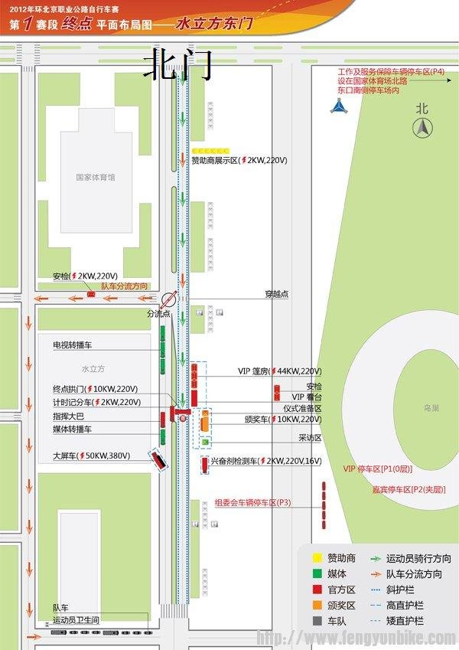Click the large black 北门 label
coord(177,64)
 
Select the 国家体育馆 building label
coord(96,177)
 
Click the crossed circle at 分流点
coord(169,299)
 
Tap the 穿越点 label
coord(276,293)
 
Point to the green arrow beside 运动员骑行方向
coord(375,559)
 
